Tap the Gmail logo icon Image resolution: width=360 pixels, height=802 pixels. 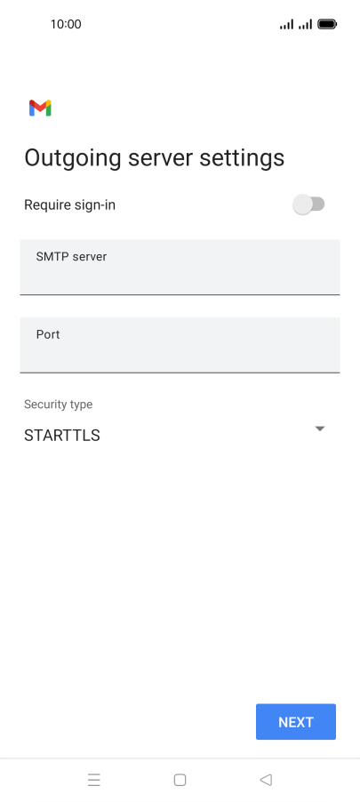(x=40, y=108)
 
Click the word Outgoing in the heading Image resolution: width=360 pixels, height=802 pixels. (x=73, y=158)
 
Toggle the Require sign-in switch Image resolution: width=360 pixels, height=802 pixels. (x=308, y=205)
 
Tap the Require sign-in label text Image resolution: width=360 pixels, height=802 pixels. (x=69, y=205)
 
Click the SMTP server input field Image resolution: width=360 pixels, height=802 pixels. (x=180, y=267)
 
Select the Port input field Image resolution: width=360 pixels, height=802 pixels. (x=180, y=345)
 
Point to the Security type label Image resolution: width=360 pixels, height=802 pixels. (x=59, y=404)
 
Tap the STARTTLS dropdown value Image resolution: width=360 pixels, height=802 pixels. (x=62, y=436)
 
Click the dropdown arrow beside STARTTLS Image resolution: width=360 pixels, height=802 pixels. (x=320, y=429)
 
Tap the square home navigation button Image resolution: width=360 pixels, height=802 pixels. (x=180, y=780)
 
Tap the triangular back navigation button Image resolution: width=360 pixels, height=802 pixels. (x=266, y=780)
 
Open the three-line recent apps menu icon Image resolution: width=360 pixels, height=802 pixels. (x=94, y=780)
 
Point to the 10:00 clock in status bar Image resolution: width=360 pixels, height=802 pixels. (x=66, y=24)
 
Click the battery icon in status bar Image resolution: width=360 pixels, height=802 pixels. (x=327, y=24)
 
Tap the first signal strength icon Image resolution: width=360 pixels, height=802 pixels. (x=286, y=24)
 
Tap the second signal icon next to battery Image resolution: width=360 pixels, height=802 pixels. (x=305, y=24)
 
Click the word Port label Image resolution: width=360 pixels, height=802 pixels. (x=48, y=334)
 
